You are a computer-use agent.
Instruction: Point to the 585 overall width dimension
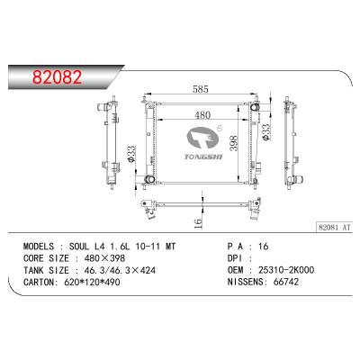tap(198, 89)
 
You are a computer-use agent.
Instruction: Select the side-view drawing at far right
tap(292, 143)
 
